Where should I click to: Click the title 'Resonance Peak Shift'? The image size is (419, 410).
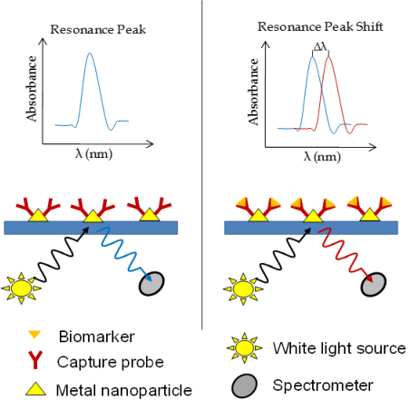(320, 26)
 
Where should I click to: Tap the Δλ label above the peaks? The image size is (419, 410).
(320, 47)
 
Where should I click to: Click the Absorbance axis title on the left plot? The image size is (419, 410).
(32, 89)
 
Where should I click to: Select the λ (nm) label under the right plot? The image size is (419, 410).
(322, 157)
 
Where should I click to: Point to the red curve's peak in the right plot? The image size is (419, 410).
(328, 57)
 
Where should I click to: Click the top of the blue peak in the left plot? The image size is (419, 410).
(90, 54)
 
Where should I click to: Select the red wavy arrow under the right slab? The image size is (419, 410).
(346, 254)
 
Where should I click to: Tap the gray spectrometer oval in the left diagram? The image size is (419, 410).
(151, 283)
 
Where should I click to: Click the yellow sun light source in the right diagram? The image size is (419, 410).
(243, 288)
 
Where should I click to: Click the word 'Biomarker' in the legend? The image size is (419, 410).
(97, 337)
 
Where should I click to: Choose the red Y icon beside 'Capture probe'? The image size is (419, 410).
(35, 360)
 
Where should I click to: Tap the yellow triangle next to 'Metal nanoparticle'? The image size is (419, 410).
(35, 389)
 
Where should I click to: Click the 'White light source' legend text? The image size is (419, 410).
(339, 348)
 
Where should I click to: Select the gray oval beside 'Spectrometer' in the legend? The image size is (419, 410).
(244, 386)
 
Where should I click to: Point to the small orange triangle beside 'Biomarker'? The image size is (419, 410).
(34, 335)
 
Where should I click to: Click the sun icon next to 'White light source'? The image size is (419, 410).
(245, 348)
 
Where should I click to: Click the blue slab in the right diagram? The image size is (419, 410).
(311, 228)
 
